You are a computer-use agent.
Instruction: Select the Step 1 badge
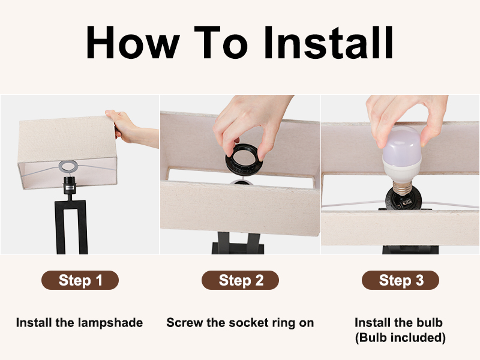pyautogui.click(x=80, y=280)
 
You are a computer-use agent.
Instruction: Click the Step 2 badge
pyautogui.click(x=240, y=280)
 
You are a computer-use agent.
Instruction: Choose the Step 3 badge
pyautogui.click(x=400, y=280)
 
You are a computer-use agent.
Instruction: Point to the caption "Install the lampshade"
pyautogui.click(x=79, y=323)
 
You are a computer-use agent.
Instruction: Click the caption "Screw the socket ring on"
pyautogui.click(x=240, y=323)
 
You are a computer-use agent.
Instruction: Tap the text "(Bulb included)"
pyautogui.click(x=400, y=338)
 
